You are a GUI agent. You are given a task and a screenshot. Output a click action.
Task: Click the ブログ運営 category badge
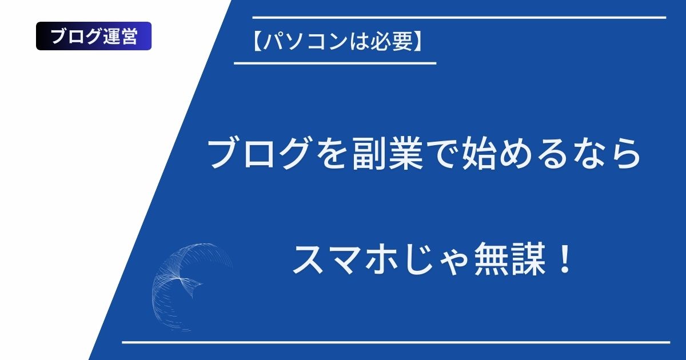pyautogui.click(x=94, y=36)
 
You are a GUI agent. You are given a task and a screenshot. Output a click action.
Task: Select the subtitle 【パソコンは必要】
pyautogui.click(x=337, y=41)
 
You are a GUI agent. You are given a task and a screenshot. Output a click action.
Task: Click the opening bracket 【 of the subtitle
pyautogui.click(x=257, y=41)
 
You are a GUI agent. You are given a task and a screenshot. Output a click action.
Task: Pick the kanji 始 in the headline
pyautogui.click(x=478, y=153)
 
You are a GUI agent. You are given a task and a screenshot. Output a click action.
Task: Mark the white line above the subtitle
pyautogui.click(x=459, y=18)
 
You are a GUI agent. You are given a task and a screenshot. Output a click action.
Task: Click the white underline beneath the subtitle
pyautogui.click(x=335, y=63)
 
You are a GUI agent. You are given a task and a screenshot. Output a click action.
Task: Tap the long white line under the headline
pyautogui.click(x=396, y=342)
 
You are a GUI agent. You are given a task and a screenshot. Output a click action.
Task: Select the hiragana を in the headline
pyautogui.click(x=332, y=153)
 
